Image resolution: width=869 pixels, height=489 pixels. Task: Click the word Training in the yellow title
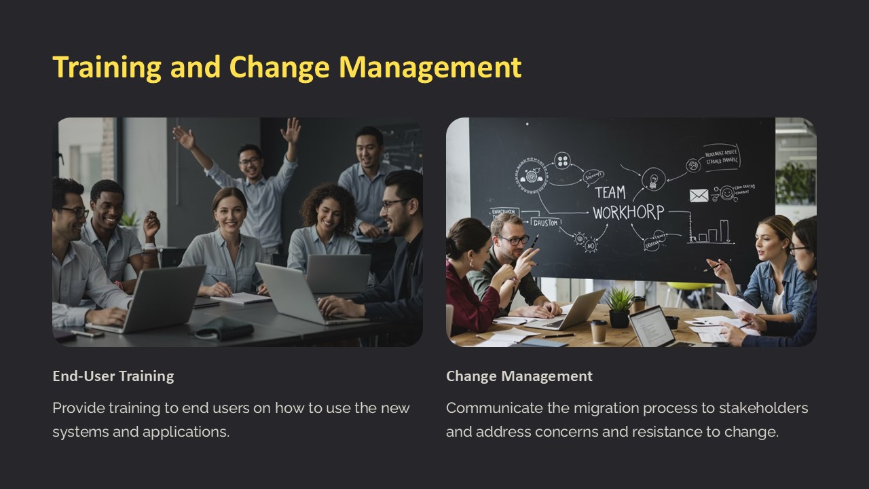coord(107,67)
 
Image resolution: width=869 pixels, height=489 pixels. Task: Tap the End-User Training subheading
coord(113,376)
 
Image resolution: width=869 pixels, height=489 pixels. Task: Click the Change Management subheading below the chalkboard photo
coord(519,376)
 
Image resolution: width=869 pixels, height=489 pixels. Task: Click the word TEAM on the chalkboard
coord(610,192)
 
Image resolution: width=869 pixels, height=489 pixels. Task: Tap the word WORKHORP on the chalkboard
coord(627,213)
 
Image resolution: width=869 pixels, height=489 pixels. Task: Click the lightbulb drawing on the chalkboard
coord(652,178)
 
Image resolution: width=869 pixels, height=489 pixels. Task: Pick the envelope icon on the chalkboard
coord(699,196)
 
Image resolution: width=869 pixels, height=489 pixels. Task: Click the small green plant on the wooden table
coord(618,306)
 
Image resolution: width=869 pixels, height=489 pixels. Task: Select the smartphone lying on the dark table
coord(87,333)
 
